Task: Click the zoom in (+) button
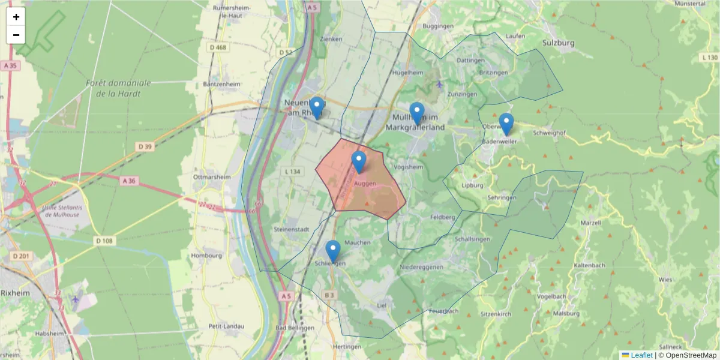pyautogui.click(x=16, y=17)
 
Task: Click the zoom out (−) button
pyautogui.click(x=16, y=35)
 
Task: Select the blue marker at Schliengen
pyautogui.click(x=333, y=251)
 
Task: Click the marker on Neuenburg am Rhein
pyautogui.click(x=316, y=108)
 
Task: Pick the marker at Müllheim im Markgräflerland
pyautogui.click(x=416, y=113)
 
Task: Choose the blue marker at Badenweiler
pyautogui.click(x=506, y=124)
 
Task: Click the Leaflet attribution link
pyautogui.click(x=641, y=355)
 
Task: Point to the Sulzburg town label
pyautogui.click(x=558, y=43)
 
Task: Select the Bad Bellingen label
pyautogui.click(x=295, y=328)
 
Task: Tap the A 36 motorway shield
pyautogui.click(x=129, y=181)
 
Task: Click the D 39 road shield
pyautogui.click(x=145, y=146)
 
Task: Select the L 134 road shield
pyautogui.click(x=293, y=172)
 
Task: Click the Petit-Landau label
pyautogui.click(x=226, y=326)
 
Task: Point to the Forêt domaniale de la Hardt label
pyautogui.click(x=118, y=88)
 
